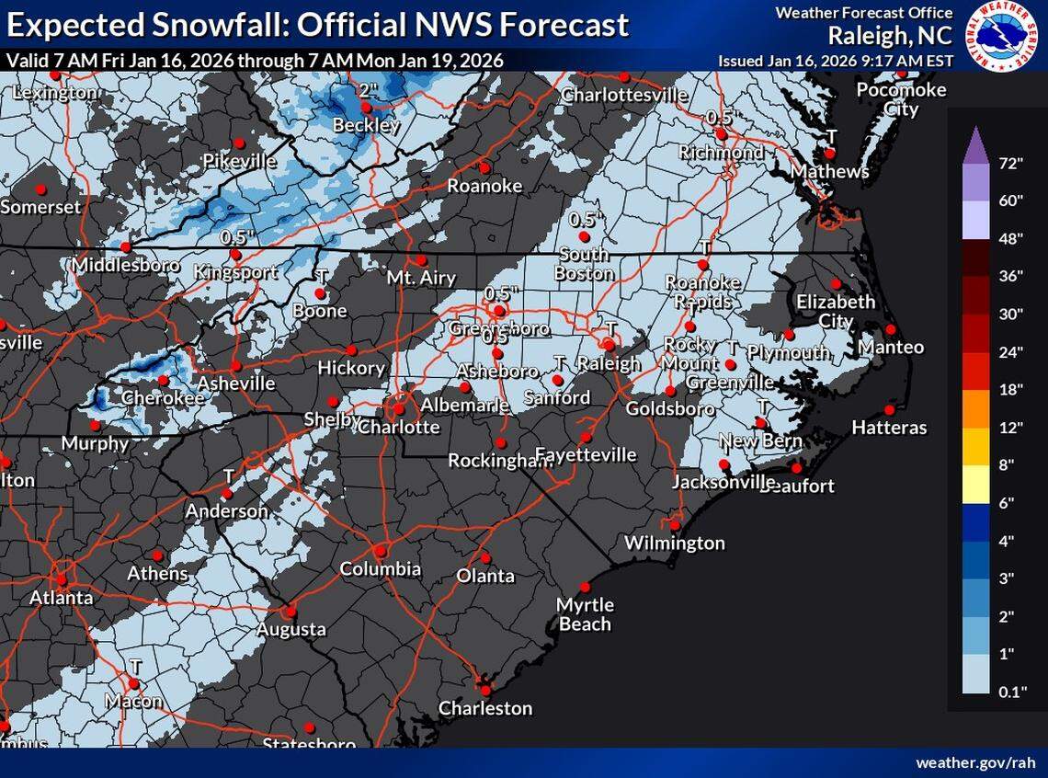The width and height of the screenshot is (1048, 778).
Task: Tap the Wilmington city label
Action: pyautogui.click(x=674, y=543)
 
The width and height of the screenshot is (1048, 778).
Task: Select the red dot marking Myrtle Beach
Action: pyautogui.click(x=584, y=588)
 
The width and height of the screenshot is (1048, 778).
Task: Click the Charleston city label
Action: pyautogui.click(x=484, y=708)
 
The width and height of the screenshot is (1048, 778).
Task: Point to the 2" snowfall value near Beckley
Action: pyautogui.click(x=369, y=90)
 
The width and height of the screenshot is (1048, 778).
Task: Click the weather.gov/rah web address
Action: pyautogui.click(x=974, y=763)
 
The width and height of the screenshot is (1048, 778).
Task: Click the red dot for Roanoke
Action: pyautogui.click(x=484, y=168)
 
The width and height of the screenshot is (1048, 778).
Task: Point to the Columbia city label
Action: pyautogui.click(x=381, y=569)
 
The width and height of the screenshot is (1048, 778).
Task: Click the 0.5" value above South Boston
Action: pyautogui.click(x=584, y=220)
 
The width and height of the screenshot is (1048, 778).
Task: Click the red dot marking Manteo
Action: pyautogui.click(x=890, y=330)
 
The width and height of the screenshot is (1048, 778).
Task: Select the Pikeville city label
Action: pyautogui.click(x=240, y=161)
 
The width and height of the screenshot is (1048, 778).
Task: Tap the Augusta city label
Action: pyautogui.click(x=290, y=629)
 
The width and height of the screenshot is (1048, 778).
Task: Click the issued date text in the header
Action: pyautogui.click(x=834, y=60)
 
